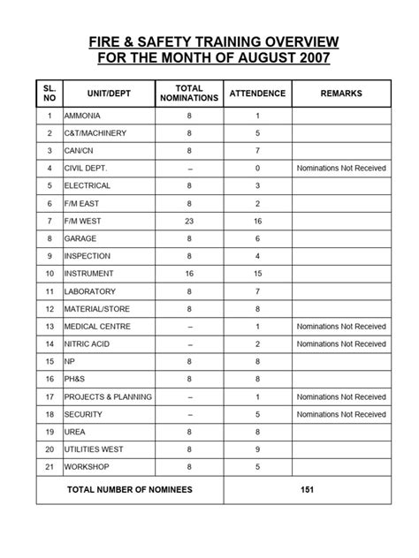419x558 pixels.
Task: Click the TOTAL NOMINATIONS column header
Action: pos(189,94)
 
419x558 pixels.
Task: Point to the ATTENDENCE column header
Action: pos(257,94)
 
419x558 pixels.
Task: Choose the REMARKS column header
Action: pos(340,94)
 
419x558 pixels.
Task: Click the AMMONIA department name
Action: pos(82,117)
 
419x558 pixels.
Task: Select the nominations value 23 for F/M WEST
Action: pos(189,222)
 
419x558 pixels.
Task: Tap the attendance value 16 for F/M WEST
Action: pos(257,222)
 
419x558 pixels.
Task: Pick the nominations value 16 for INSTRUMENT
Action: pos(189,274)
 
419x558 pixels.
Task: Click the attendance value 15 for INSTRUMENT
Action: pos(257,274)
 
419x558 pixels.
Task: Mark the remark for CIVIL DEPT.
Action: pos(341,169)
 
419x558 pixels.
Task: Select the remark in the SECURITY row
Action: pos(341,413)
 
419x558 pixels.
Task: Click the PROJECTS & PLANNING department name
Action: pos(108,396)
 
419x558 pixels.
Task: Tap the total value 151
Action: pos(307,488)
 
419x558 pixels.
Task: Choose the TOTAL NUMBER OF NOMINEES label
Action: pos(131,488)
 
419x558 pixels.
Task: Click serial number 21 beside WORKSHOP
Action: pos(49,465)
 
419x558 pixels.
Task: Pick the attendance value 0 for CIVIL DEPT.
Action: pos(257,169)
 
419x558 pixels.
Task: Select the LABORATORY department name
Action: pos(91,291)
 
